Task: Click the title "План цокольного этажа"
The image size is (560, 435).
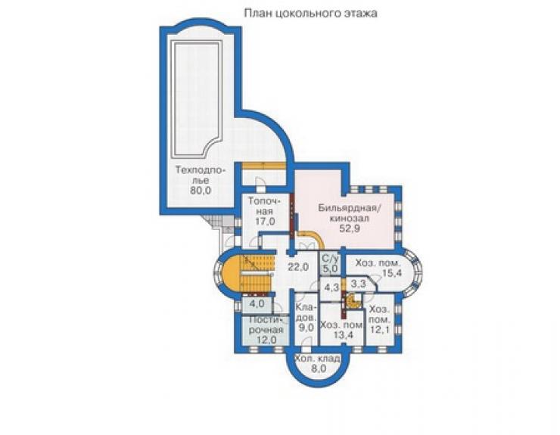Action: tap(310, 14)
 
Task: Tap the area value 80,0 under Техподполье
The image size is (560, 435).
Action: tap(201, 191)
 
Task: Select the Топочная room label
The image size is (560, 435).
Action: tap(265, 206)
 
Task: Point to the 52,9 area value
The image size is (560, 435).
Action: tap(350, 228)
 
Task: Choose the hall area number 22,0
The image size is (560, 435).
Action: tap(298, 266)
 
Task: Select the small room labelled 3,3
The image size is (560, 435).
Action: tap(358, 284)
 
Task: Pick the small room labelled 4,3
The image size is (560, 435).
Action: tap(331, 287)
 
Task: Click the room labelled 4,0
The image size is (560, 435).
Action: tap(257, 304)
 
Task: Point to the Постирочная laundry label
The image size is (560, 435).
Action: tap(266, 324)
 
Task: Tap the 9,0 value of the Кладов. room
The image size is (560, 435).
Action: tap(306, 327)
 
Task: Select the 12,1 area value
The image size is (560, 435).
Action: tap(379, 329)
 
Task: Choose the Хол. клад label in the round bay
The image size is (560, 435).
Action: tap(317, 359)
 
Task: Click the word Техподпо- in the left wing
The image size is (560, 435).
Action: tap(201, 170)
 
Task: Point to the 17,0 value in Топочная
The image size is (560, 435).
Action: tap(265, 221)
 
